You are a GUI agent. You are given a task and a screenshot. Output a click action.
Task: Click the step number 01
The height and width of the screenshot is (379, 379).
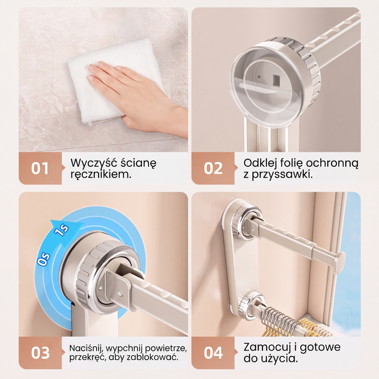point(40,168)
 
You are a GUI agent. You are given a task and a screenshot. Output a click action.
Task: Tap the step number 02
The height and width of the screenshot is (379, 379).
point(213,168)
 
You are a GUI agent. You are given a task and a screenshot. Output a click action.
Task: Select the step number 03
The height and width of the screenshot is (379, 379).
point(40,353)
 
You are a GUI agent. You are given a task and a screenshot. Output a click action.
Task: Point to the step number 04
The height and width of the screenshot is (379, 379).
point(213,353)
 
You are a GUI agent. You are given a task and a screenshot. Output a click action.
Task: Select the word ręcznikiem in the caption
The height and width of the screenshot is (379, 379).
point(101,174)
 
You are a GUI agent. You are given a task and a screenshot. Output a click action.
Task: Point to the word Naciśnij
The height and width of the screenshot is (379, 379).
point(86,348)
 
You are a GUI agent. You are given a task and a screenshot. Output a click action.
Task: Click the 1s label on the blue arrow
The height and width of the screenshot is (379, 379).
point(62,230)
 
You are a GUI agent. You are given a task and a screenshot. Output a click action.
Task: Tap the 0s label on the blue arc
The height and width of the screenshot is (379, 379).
point(44,259)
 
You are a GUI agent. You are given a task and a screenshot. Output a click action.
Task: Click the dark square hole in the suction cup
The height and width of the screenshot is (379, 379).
point(276,80)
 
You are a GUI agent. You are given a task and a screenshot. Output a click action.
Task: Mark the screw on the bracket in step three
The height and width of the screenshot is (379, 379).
point(120,293)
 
